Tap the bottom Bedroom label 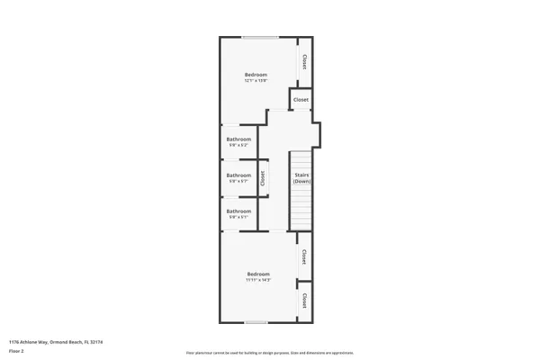click(258, 274)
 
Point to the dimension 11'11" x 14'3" click(258, 280)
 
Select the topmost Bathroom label click(238, 139)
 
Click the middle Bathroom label click(238, 175)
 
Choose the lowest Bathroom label click(238, 211)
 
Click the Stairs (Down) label click(301, 178)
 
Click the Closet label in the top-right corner click(305, 62)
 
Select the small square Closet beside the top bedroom click(301, 99)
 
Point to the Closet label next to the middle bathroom click(263, 177)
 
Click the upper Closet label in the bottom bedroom click(305, 257)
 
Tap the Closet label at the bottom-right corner click(305, 300)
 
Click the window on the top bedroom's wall click(259, 37)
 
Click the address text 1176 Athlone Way click(45, 342)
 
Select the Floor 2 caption click(17, 350)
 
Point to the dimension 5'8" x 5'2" click(238, 145)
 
